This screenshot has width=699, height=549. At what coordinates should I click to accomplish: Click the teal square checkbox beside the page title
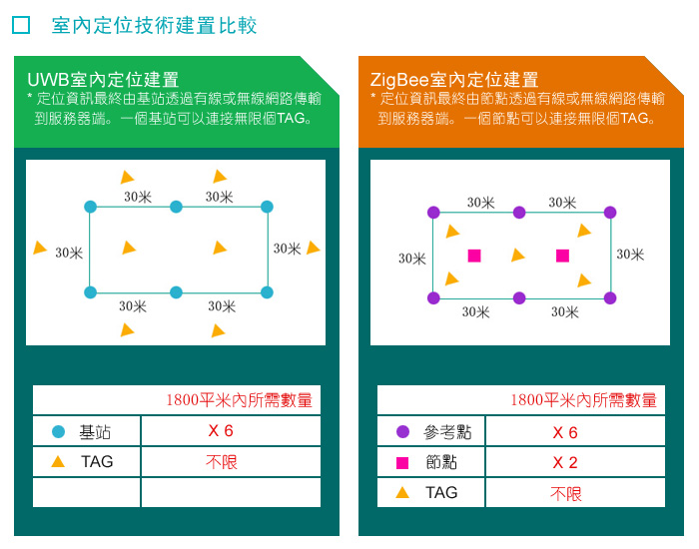[x=21, y=25]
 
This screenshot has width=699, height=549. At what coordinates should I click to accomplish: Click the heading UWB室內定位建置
[x=103, y=80]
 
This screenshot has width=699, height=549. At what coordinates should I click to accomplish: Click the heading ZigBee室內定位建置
[x=454, y=80]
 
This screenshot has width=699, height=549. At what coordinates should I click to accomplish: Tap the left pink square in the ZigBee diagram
[x=474, y=256]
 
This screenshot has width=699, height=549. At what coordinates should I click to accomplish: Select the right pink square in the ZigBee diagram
[x=562, y=256]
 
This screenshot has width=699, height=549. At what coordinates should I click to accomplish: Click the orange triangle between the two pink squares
[x=517, y=255]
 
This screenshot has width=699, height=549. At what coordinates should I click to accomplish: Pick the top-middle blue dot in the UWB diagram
[x=176, y=207]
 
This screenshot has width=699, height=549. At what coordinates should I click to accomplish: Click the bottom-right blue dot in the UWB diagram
[x=267, y=292]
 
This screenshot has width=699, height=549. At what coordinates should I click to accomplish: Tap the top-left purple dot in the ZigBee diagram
[x=433, y=213]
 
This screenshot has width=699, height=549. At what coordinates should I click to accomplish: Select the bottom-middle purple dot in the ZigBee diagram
[x=519, y=298]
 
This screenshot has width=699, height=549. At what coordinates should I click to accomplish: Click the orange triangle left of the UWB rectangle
[x=40, y=248]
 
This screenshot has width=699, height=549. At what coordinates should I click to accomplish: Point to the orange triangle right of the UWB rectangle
[x=314, y=248]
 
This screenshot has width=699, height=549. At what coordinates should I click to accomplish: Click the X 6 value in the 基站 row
[x=221, y=431]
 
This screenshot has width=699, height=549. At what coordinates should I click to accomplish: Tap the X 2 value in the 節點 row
[x=565, y=462]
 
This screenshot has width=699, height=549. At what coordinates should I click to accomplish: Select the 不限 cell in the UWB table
[x=222, y=462]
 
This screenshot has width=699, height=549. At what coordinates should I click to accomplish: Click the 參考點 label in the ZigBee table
[x=447, y=432]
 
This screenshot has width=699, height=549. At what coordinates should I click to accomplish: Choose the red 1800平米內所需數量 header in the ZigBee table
[x=583, y=400]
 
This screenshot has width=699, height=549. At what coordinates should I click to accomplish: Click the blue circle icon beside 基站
[x=58, y=432]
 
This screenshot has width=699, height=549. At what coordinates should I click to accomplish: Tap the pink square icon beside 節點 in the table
[x=402, y=463]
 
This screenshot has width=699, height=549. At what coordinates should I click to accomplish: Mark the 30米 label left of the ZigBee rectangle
[x=411, y=259]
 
